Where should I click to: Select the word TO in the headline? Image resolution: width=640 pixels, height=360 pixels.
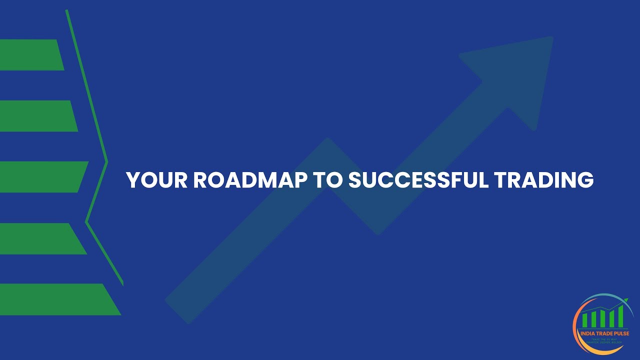[327, 180]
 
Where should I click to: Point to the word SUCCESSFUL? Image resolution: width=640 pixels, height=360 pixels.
[417, 180]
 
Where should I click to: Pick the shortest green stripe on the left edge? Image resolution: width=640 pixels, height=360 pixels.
[30, 54]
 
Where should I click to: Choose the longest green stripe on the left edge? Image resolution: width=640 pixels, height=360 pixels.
[55, 299]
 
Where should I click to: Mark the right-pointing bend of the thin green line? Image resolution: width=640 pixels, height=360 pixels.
[106, 161]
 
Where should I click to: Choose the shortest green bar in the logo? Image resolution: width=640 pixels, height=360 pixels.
[584, 320]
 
